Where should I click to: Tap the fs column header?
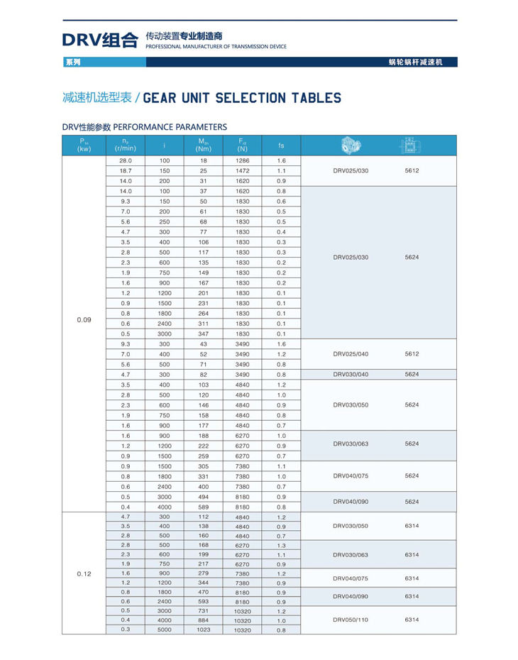coord(282,145)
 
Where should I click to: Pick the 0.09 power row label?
coord(84,319)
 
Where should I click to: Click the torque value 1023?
coord(204,629)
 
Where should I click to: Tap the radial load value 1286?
coord(243,161)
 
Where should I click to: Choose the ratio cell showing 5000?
coord(165,629)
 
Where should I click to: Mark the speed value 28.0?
coord(126,161)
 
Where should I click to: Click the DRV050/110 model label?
coord(351,620)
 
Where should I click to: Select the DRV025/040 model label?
coord(351,353)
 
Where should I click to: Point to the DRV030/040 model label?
coord(351,374)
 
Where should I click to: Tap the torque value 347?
coord(204,334)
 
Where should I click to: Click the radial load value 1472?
coord(243,171)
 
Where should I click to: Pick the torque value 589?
coord(204,507)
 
